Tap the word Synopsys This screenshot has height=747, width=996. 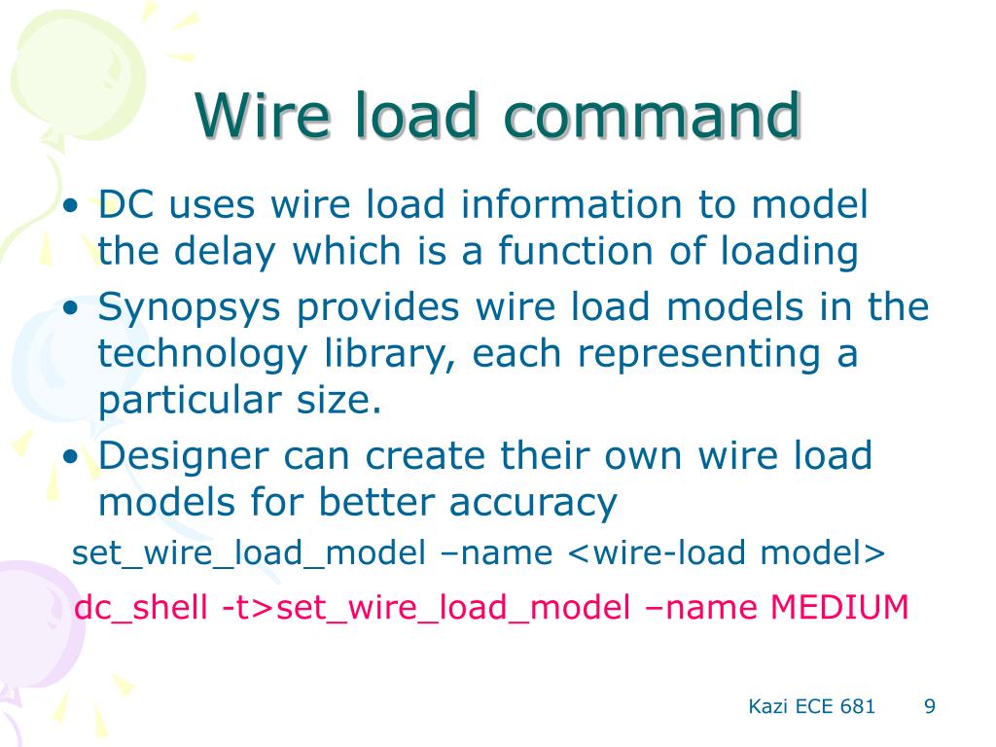(x=189, y=308)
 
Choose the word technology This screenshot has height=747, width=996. (x=201, y=354)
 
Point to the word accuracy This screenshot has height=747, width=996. (x=534, y=502)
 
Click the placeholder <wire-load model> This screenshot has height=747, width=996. (x=726, y=553)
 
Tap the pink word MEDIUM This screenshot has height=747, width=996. (x=839, y=607)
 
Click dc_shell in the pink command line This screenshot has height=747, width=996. (x=141, y=607)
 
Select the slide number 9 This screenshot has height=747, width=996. (x=929, y=706)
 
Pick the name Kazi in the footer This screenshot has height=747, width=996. (x=766, y=706)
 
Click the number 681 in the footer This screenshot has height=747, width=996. (x=857, y=706)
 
